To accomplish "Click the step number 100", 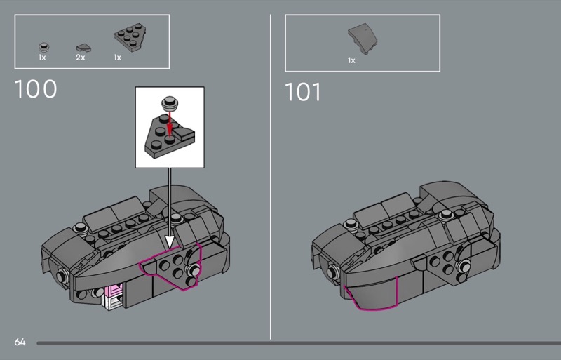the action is click(36, 89).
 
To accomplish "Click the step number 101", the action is click(303, 92).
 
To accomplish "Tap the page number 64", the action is click(20, 342).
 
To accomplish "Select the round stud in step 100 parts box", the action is click(43, 47).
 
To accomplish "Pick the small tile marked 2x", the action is click(83, 48).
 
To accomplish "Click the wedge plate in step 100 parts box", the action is click(130, 37).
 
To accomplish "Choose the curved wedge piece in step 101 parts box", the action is click(363, 39).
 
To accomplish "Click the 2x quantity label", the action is click(81, 58).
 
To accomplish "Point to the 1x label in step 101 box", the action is click(351, 60).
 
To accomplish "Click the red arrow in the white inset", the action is click(170, 122).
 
